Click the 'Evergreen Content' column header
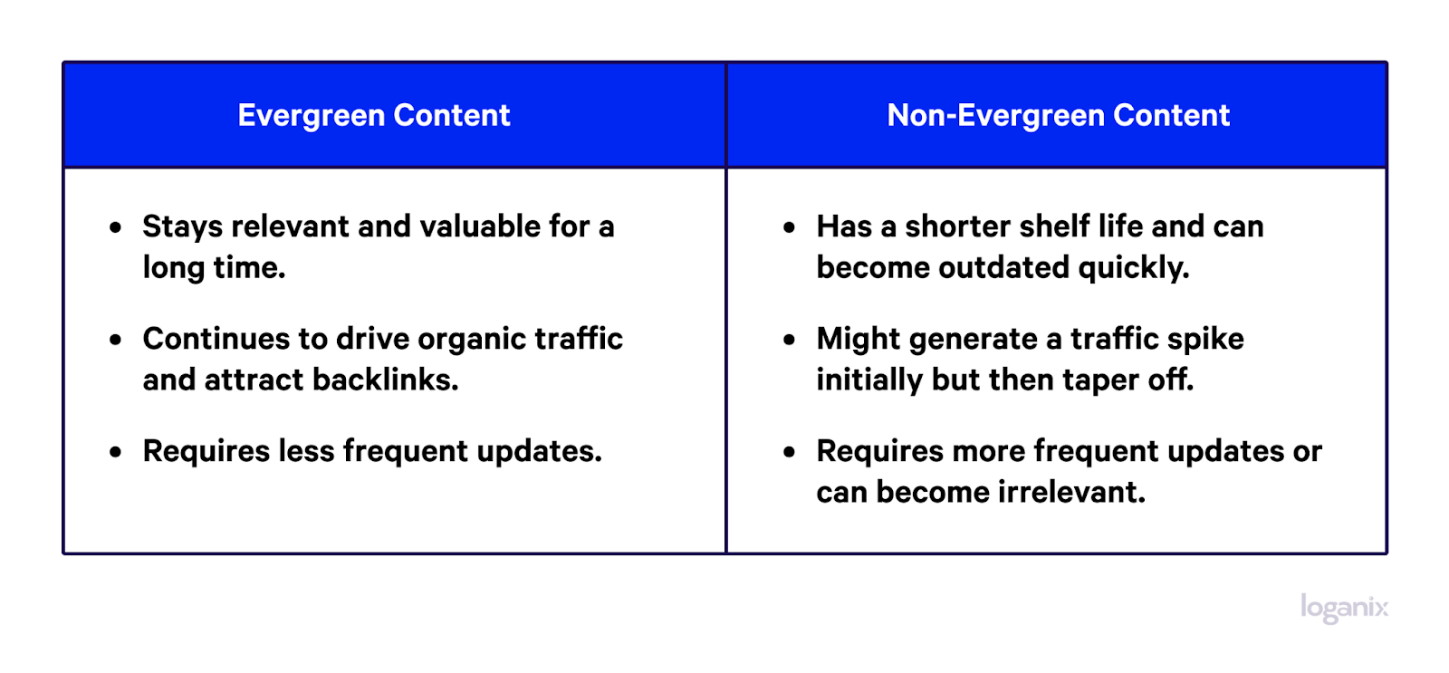click(x=374, y=115)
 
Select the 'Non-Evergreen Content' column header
click(x=1059, y=115)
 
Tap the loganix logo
click(x=1344, y=609)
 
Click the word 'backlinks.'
click(x=386, y=380)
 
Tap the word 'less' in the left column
click(x=307, y=450)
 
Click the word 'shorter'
click(x=957, y=226)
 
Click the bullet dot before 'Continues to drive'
click(x=116, y=340)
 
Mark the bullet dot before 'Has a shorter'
click(x=789, y=227)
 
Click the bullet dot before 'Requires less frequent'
click(x=116, y=452)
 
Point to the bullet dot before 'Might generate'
click(x=789, y=340)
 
